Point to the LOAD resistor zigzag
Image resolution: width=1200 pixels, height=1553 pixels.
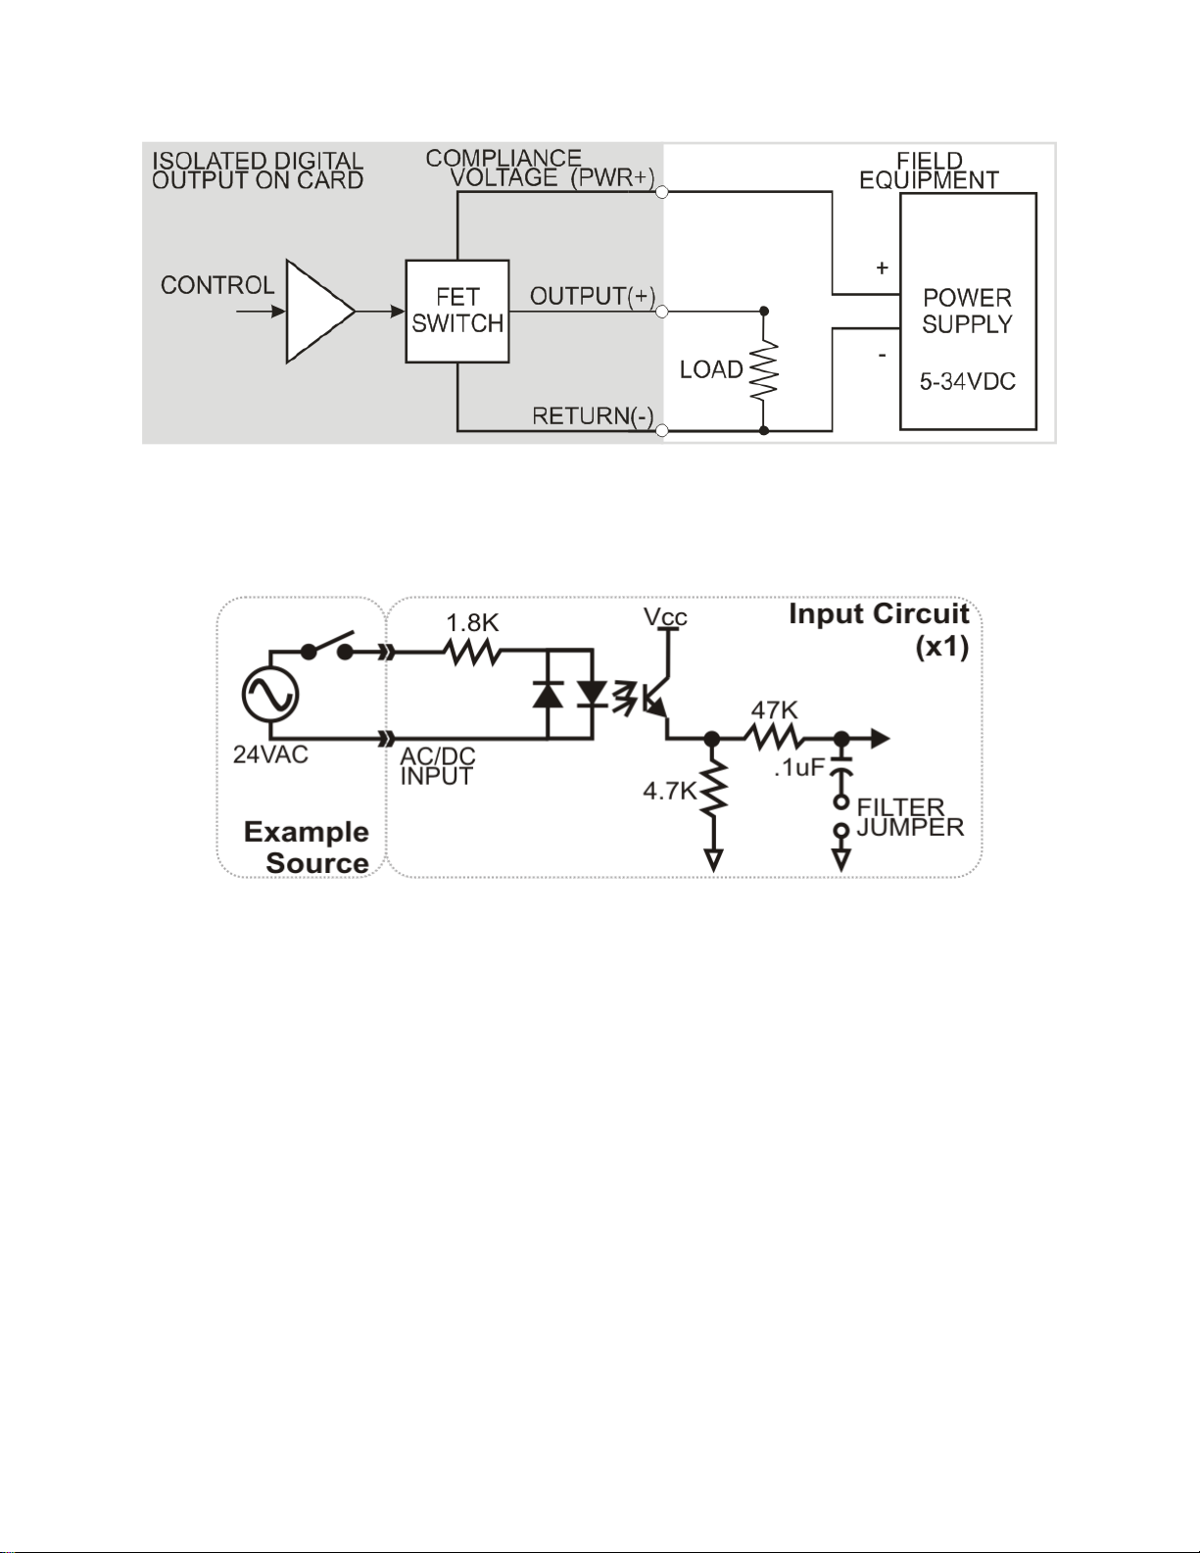point(763,370)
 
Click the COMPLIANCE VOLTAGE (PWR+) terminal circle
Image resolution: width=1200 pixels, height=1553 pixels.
point(662,191)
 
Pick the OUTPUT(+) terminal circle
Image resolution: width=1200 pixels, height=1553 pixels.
point(662,312)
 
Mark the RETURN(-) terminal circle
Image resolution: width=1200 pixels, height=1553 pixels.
point(662,430)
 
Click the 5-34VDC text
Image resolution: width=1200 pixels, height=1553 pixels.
point(967,382)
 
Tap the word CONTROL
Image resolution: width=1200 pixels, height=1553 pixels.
point(217,285)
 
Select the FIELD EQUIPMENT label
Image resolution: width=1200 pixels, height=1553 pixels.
point(929,170)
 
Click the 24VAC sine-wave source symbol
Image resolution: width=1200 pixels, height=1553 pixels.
point(270,695)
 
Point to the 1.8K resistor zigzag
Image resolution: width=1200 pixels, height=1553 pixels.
point(472,652)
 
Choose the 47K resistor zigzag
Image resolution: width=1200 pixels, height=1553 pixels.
point(774,738)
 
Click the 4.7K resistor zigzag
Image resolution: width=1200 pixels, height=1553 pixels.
point(713,788)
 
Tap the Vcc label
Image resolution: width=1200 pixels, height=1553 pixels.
point(665,616)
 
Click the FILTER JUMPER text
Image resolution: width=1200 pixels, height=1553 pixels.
point(910,817)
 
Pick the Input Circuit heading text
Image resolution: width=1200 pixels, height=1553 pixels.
point(879,614)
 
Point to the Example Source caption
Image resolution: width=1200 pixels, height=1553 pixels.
point(307,847)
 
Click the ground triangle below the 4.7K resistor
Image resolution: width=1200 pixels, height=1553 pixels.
point(713,859)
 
